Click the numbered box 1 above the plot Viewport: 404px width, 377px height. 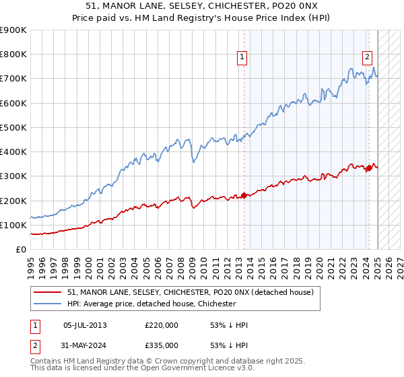tap(242, 58)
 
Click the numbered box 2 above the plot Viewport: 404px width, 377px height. tap(368, 58)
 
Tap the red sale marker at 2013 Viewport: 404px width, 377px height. tap(244, 196)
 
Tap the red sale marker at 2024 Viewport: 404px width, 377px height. tap(369, 168)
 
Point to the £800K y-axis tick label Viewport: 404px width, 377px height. tap(13, 55)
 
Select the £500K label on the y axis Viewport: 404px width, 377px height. tap(13, 127)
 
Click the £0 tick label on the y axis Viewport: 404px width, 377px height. tap(21, 249)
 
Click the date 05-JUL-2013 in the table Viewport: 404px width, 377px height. tap(85, 325)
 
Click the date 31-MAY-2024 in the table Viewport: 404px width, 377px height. tap(85, 347)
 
